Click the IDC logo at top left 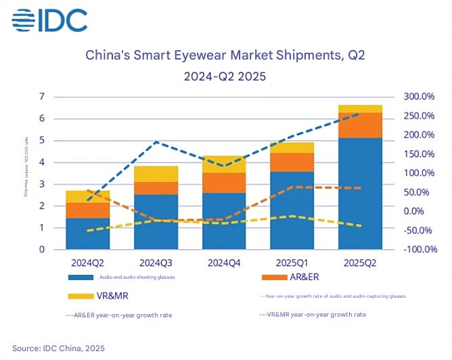click(x=49, y=20)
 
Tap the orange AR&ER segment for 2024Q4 click(x=223, y=183)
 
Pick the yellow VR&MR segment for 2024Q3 click(x=156, y=174)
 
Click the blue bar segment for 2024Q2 click(x=88, y=233)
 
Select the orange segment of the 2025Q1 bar click(x=292, y=162)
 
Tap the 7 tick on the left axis click(x=42, y=97)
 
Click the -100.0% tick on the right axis click(x=419, y=250)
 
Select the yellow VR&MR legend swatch click(x=81, y=296)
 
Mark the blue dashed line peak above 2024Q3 click(x=156, y=141)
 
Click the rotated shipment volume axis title click(x=25, y=173)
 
